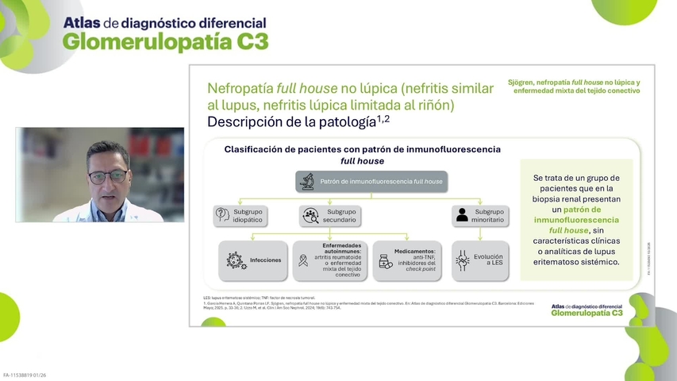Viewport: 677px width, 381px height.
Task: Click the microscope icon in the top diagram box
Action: tap(306, 182)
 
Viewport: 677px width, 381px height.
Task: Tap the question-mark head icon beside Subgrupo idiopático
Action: tap(222, 214)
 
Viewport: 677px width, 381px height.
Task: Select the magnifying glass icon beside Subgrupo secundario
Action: tap(310, 214)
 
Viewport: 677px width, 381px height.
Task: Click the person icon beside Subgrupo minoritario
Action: tap(461, 214)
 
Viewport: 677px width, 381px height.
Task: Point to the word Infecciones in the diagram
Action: tap(265, 260)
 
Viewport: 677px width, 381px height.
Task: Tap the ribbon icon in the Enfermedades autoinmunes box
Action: tap(302, 261)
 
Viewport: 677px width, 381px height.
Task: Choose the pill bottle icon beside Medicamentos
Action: tap(385, 261)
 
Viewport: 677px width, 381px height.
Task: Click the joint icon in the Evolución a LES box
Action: tap(462, 260)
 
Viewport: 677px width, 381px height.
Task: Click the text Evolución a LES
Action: tap(488, 260)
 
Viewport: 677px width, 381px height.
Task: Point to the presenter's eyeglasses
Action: tap(106, 175)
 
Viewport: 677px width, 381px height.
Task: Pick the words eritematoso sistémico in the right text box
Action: tap(576, 261)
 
